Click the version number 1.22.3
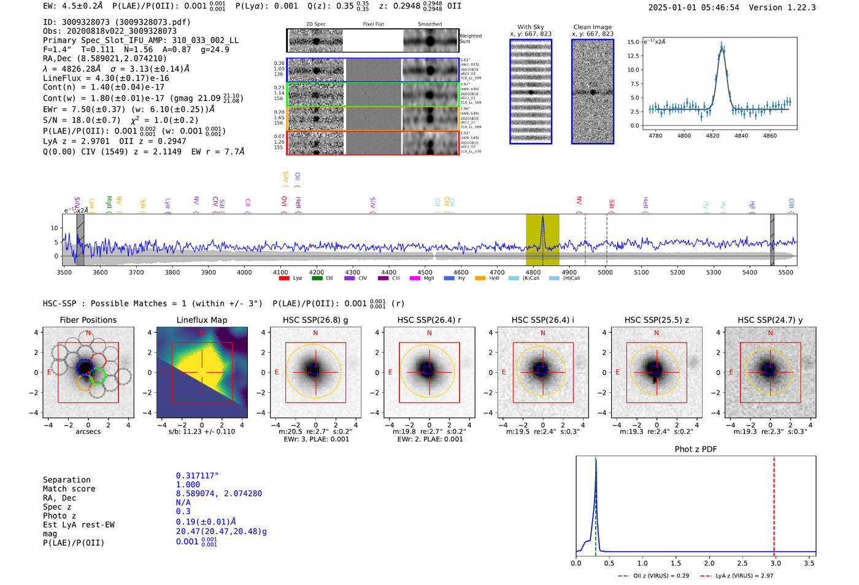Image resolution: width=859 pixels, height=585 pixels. (797, 7)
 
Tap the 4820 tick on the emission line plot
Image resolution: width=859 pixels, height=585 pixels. (712, 136)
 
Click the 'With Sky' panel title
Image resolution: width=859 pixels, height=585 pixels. (530, 27)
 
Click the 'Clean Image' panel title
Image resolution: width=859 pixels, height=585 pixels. (592, 27)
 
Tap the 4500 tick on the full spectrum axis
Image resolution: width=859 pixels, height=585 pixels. (425, 272)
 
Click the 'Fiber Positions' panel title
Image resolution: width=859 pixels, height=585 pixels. (88, 320)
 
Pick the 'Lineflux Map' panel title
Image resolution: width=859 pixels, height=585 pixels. (201, 320)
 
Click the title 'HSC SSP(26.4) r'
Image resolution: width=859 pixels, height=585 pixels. (429, 320)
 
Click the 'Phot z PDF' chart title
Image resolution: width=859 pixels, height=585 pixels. (695, 449)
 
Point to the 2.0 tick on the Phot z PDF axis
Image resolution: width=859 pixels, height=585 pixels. (709, 563)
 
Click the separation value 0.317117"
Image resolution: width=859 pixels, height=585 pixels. (197, 476)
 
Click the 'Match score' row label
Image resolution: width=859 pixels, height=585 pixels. (69, 489)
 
